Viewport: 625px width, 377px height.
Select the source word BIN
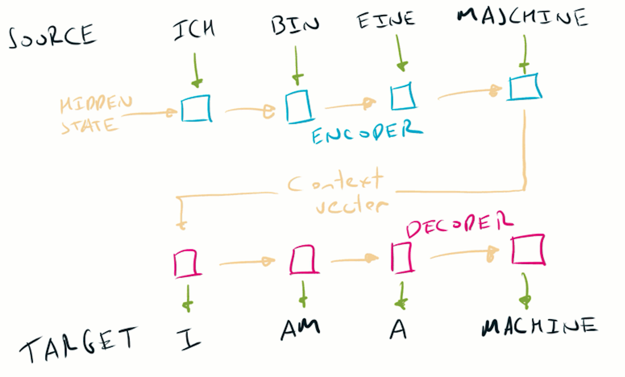click(x=295, y=25)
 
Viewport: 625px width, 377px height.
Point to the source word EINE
click(x=386, y=20)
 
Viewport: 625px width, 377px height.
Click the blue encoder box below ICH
click(x=196, y=108)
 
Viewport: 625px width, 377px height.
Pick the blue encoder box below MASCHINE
click(x=525, y=87)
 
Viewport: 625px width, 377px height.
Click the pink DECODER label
click(x=459, y=224)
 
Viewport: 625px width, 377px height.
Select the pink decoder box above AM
click(x=303, y=260)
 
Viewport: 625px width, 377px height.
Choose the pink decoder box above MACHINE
click(x=528, y=249)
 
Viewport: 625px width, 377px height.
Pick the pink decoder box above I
click(x=186, y=263)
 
